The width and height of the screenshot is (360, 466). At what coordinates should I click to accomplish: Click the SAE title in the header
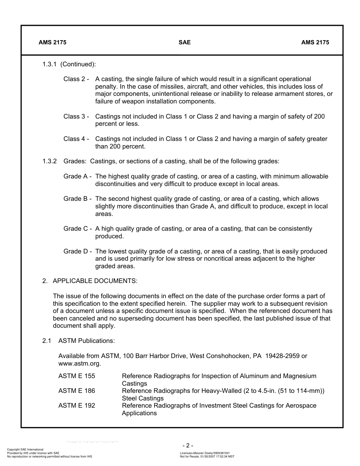tap(185, 42)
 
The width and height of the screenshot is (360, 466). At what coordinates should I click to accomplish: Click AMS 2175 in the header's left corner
tap(52, 42)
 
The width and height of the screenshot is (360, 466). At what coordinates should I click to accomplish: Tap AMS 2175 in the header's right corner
tap(315, 42)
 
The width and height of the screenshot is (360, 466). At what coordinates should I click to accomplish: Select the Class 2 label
tap(76, 79)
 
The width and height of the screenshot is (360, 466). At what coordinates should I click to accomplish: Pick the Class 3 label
tap(76, 117)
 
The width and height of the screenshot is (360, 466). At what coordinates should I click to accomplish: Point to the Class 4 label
tap(76, 139)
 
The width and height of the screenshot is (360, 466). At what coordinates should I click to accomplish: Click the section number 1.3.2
tap(50, 161)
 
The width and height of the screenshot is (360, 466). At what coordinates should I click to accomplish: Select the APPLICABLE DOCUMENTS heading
tap(95, 281)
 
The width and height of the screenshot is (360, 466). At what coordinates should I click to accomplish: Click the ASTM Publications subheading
tap(86, 341)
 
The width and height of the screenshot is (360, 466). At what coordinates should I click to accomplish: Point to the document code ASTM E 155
tap(77, 376)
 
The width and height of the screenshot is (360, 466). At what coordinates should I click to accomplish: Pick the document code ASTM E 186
tap(77, 391)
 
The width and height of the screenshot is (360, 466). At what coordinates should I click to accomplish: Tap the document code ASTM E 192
tap(77, 406)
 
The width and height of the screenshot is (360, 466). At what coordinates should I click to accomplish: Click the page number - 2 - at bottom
tap(188, 446)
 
